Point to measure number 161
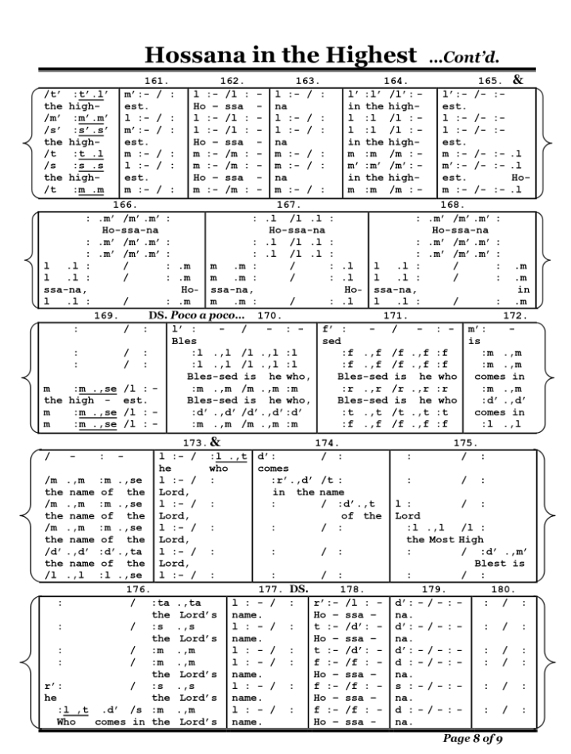tap(159, 81)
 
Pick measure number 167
tap(286, 205)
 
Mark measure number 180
tap(502, 589)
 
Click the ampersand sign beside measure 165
tap(518, 79)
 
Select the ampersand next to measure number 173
tap(214, 441)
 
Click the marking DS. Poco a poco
tap(197, 316)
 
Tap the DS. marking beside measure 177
tap(298, 589)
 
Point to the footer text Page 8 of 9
tap(473, 739)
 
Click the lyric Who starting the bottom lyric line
tap(67, 721)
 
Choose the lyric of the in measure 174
tap(361, 516)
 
